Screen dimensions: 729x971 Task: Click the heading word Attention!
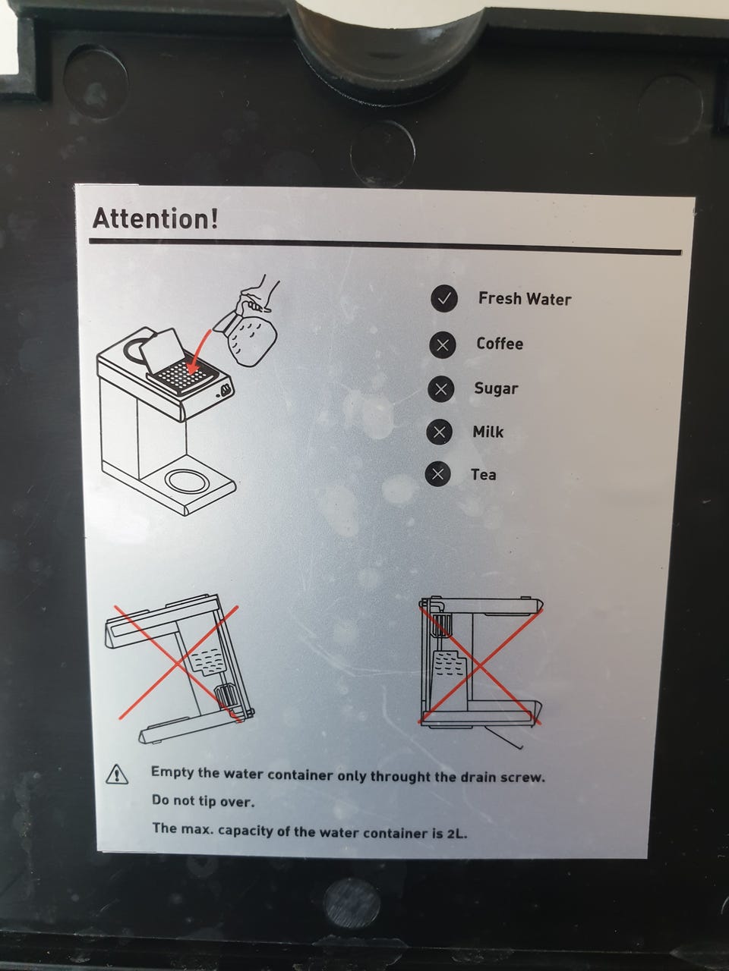coord(156,218)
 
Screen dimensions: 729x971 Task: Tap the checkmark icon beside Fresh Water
coord(444,299)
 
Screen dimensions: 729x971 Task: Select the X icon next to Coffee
coord(442,344)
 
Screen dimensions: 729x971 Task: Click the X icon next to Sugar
coord(441,389)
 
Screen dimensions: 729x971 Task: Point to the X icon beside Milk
coord(439,432)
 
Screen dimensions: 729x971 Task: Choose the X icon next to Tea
coord(437,474)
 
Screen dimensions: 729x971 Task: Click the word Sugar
coord(496,389)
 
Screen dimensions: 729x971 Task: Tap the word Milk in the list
coord(488,432)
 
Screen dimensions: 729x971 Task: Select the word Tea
coord(484,475)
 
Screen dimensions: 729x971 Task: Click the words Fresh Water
coord(525,299)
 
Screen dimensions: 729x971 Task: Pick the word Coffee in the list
coord(500,344)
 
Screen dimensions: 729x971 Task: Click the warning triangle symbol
coord(117,775)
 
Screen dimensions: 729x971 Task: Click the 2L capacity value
coord(457,834)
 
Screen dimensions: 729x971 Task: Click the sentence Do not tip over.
coord(204,800)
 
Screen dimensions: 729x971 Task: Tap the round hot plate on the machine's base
coord(188,481)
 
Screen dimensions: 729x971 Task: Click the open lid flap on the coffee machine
coord(162,350)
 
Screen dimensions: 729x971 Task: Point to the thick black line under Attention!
coord(385,247)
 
